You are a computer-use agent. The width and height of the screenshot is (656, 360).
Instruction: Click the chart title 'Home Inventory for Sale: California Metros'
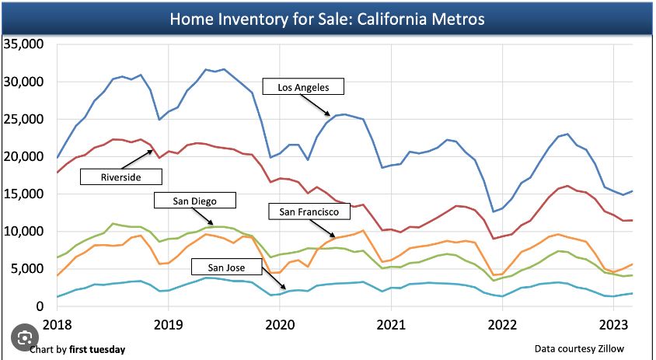[327, 18]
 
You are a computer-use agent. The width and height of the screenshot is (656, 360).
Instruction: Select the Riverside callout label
[120, 177]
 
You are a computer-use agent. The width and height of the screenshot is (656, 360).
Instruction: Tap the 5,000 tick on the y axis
[27, 269]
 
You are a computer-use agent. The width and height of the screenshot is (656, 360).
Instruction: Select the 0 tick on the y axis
[40, 306]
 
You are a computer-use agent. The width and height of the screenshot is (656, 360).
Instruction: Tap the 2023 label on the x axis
[613, 323]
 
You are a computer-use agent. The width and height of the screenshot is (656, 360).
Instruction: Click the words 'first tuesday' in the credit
[97, 349]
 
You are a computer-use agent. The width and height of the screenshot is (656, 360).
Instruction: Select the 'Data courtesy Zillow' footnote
[579, 349]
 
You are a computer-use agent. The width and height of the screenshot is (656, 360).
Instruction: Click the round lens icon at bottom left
[25, 338]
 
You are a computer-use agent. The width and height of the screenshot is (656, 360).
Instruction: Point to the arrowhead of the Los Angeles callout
[333, 116]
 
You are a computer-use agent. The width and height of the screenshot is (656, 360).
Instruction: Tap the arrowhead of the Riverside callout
[153, 150]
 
